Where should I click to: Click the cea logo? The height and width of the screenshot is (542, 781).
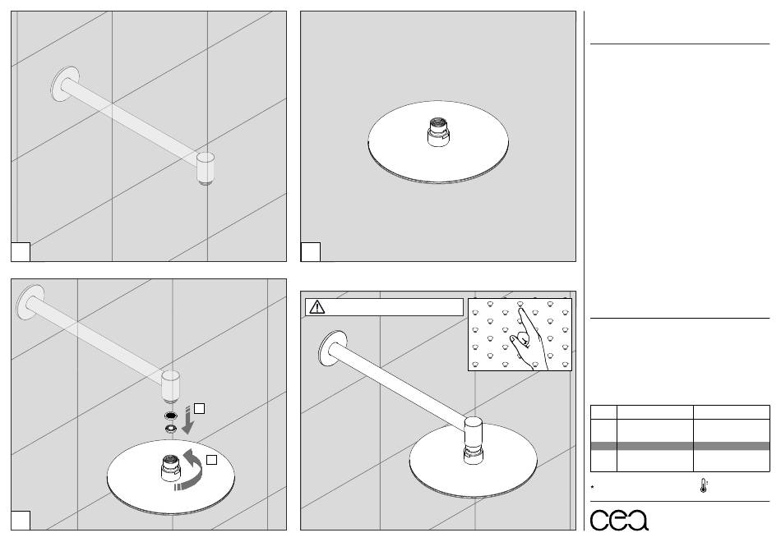(x=619, y=520)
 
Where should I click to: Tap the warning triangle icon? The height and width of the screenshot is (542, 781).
(x=317, y=306)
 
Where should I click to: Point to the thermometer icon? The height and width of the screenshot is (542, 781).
(x=703, y=486)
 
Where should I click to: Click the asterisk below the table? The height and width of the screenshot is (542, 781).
(x=592, y=487)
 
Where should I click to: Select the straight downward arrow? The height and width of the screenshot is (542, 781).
(x=187, y=420)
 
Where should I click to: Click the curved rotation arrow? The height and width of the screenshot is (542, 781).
(x=191, y=470)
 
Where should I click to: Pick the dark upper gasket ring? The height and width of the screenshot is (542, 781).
(x=170, y=416)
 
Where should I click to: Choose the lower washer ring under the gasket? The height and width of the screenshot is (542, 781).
(x=170, y=428)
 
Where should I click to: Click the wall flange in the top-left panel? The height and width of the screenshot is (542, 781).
(x=65, y=84)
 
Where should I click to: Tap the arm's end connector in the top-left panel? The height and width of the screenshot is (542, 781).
(x=206, y=168)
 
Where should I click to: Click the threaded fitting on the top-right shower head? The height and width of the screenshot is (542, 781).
(x=438, y=132)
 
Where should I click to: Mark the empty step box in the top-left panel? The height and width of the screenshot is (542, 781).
(x=21, y=252)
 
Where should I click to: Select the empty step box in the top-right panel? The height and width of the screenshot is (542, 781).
(x=310, y=252)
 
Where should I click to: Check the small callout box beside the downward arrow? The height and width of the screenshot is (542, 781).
(x=199, y=409)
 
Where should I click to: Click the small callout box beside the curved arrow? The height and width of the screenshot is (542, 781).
(x=211, y=460)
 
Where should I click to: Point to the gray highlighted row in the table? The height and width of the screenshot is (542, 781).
(x=680, y=446)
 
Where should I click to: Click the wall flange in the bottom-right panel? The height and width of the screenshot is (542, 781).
(x=333, y=349)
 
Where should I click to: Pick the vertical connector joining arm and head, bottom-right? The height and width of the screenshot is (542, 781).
(x=474, y=440)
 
